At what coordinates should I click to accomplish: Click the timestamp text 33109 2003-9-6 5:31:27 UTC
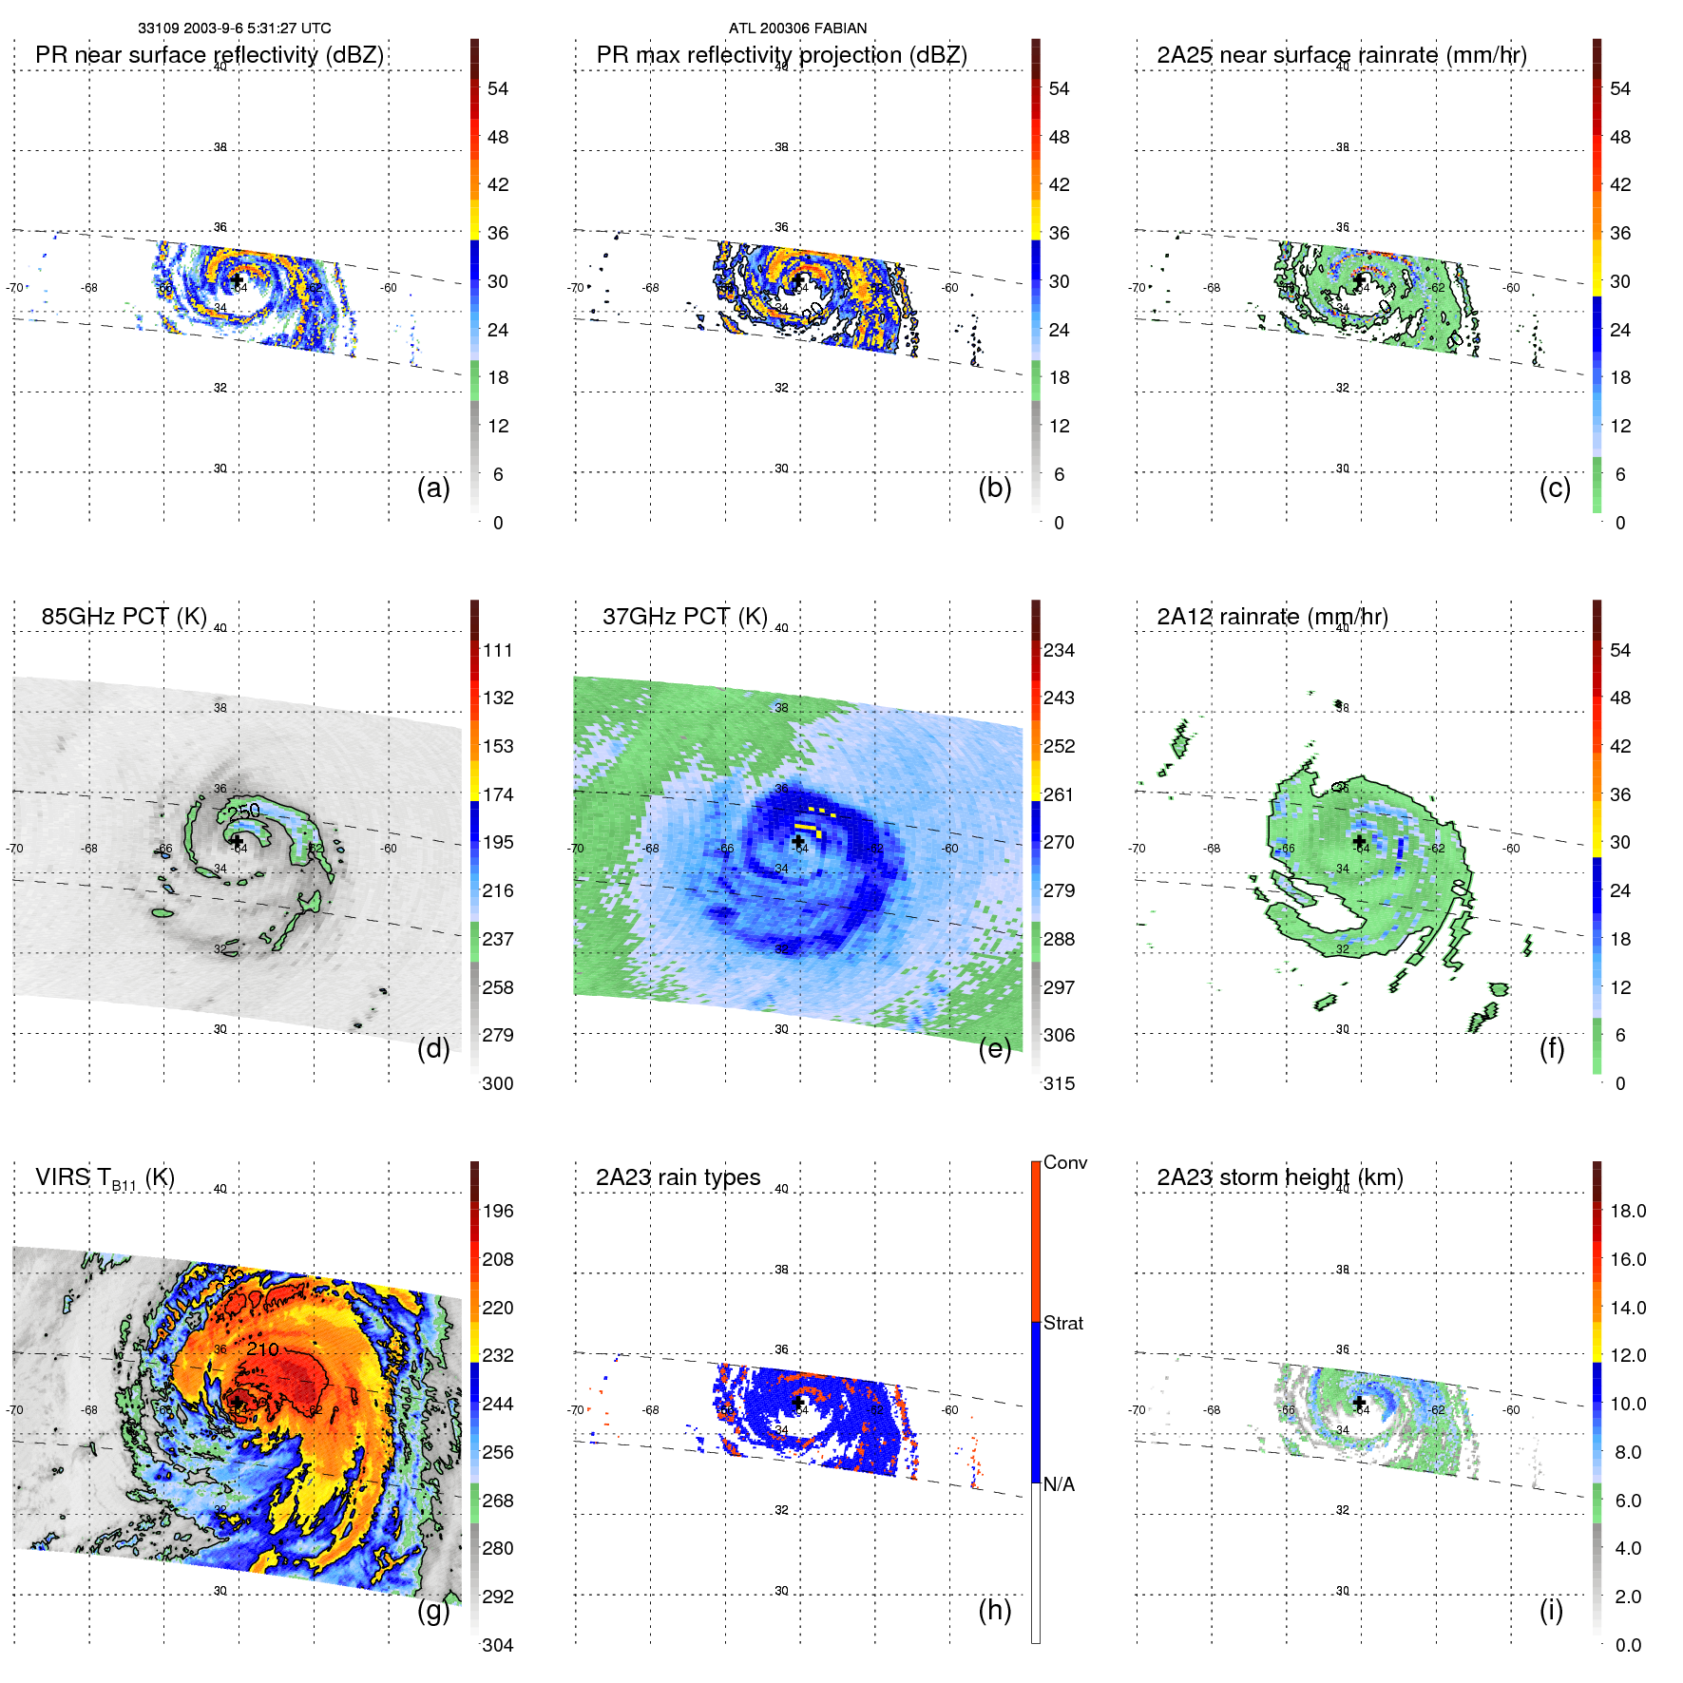[234, 29]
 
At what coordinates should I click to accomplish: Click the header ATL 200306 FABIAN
[797, 29]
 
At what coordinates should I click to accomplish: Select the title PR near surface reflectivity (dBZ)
[209, 55]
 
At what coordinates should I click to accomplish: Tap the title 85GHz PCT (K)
[124, 617]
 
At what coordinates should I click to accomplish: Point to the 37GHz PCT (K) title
[684, 617]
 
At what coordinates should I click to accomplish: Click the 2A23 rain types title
[678, 1177]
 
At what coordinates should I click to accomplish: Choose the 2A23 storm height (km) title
[1279, 1177]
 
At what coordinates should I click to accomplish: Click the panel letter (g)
[433, 1610]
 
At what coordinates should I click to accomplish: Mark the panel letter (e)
[995, 1048]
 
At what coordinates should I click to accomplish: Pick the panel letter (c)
[1555, 488]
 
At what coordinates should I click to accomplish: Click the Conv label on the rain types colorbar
[1065, 1162]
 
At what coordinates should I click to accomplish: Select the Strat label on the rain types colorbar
[1063, 1323]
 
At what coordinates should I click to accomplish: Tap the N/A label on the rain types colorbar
[1059, 1484]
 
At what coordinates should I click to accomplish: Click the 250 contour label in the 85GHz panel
[244, 812]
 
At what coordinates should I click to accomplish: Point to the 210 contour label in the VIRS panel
[262, 1349]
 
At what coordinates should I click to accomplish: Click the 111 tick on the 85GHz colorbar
[498, 651]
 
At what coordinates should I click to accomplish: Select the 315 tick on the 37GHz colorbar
[1059, 1083]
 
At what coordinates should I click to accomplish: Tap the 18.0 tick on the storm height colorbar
[1628, 1212]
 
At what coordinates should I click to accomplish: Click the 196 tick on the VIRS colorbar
[498, 1212]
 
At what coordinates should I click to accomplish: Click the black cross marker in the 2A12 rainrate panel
[1359, 842]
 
